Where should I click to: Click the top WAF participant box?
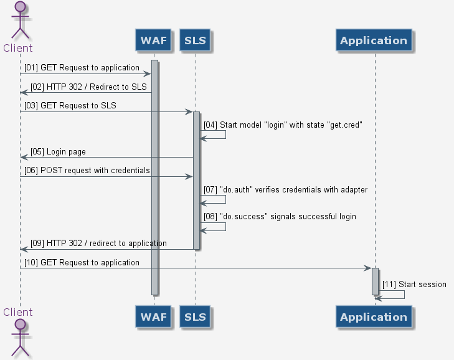tap(153, 41)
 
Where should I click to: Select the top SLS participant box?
tap(195, 41)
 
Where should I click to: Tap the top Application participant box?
tap(374, 41)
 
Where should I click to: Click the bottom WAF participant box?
tap(153, 317)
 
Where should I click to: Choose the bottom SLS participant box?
tap(195, 317)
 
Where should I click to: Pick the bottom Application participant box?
tap(374, 317)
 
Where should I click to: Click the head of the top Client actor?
tap(20, 7)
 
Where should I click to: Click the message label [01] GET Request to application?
tap(82, 67)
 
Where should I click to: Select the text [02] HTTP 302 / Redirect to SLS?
tap(89, 87)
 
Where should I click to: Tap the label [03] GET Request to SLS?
tap(70, 106)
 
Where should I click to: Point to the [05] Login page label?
tap(59, 151)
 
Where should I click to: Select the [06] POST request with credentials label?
tap(87, 170)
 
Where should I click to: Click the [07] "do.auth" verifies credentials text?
tap(298, 189)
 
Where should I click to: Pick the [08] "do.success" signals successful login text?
tap(288, 216)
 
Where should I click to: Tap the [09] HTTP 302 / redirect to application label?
tap(98, 243)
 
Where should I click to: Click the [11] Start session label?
tap(414, 285)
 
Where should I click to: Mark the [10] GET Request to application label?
tap(82, 262)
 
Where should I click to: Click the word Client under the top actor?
tap(18, 48)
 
